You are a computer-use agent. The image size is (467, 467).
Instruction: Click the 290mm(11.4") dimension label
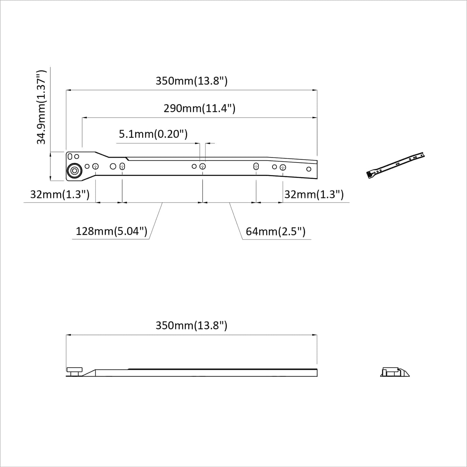199,108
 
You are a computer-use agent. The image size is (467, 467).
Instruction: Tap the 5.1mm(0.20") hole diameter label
153,134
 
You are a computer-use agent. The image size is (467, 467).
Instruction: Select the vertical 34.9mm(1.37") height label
41,107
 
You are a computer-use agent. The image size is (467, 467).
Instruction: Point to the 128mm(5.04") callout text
111,231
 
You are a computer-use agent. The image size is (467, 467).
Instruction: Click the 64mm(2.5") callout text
275,232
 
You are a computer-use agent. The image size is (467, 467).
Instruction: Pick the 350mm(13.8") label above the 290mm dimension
192,81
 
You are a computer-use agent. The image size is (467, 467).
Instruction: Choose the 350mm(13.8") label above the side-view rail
192,325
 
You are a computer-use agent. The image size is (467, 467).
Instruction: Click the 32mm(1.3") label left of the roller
60,195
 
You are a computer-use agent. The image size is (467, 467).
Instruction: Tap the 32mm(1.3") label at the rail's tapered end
314,195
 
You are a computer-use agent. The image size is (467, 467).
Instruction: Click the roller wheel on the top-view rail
75,170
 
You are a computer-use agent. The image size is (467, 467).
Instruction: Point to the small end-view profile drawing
395,372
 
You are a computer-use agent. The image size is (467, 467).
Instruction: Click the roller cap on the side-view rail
74,370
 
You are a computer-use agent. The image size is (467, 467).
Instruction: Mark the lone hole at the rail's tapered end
309,169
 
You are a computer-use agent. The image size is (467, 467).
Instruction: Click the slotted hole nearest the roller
122,166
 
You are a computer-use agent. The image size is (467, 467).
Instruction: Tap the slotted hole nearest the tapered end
256,166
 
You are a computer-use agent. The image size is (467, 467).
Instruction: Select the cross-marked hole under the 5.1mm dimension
203,166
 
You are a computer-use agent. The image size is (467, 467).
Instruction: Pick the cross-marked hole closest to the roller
95,166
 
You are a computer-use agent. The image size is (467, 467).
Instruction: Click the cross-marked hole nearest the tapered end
283,167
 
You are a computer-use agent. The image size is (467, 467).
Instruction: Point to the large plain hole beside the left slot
113,166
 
